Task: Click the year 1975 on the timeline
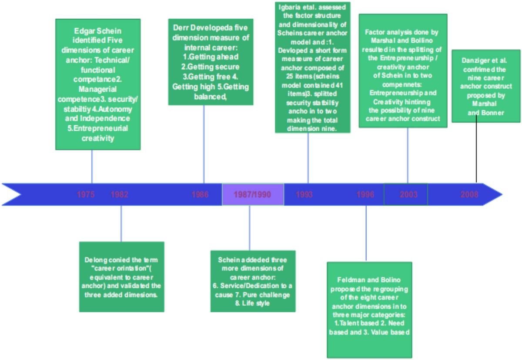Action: pyautogui.click(x=86, y=194)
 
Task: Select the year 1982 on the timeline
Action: pyautogui.click(x=120, y=194)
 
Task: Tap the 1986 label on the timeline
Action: pyautogui.click(x=200, y=194)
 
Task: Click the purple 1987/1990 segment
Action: pyautogui.click(x=253, y=194)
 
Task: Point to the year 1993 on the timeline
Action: pyautogui.click(x=304, y=194)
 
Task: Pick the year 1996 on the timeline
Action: pyautogui.click(x=365, y=194)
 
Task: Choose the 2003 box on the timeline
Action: pyautogui.click(x=405, y=194)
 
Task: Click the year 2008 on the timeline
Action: pyautogui.click(x=469, y=194)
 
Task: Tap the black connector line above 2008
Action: pyautogui.click(x=476, y=152)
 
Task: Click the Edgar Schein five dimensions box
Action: pyautogui.click(x=98, y=84)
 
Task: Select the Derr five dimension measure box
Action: pyautogui.click(x=211, y=62)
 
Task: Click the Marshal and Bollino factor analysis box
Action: pyautogui.click(x=403, y=70)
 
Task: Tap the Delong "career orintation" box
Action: pyautogui.click(x=121, y=277)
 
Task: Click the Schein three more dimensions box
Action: pyautogui.click(x=253, y=281)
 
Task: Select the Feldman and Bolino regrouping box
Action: pyautogui.click(x=369, y=310)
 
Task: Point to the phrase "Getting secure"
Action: pyautogui.click(x=211, y=67)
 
